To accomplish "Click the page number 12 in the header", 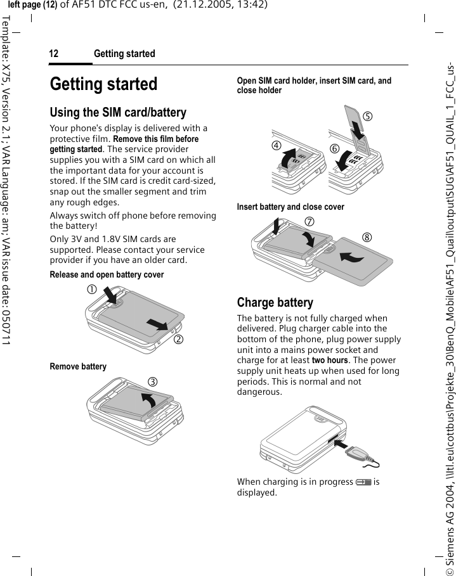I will [x=54, y=54].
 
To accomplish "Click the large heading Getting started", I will [x=103, y=84].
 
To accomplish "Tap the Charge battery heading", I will [x=275, y=302].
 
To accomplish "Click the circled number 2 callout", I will [x=179, y=337].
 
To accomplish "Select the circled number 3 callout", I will [x=170, y=381].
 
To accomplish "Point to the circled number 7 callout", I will [x=309, y=222].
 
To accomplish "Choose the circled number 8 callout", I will [x=367, y=238].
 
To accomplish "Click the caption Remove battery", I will [x=78, y=367].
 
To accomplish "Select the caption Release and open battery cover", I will [x=107, y=275].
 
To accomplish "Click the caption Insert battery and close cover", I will [x=290, y=207].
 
